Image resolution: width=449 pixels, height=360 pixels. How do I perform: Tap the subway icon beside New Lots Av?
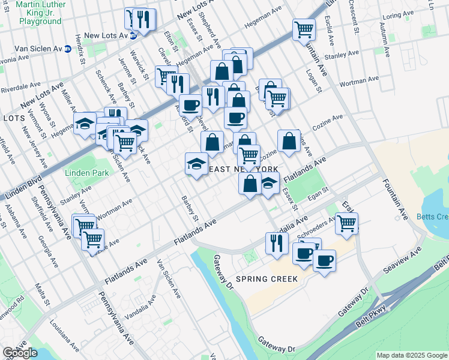[x=134, y=35]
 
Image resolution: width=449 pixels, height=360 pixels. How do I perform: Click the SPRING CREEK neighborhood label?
[x=267, y=279]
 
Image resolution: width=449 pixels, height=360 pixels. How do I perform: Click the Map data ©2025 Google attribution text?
[x=411, y=355]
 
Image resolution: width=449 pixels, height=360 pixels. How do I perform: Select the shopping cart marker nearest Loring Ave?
[x=304, y=29]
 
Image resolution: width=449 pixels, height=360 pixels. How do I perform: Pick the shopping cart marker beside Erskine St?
[x=346, y=223]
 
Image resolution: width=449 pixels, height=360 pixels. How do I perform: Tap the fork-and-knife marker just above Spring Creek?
[x=276, y=242]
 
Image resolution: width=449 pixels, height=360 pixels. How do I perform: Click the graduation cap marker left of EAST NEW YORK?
[x=196, y=164]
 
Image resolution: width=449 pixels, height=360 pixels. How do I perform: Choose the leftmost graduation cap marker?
[x=85, y=123]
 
